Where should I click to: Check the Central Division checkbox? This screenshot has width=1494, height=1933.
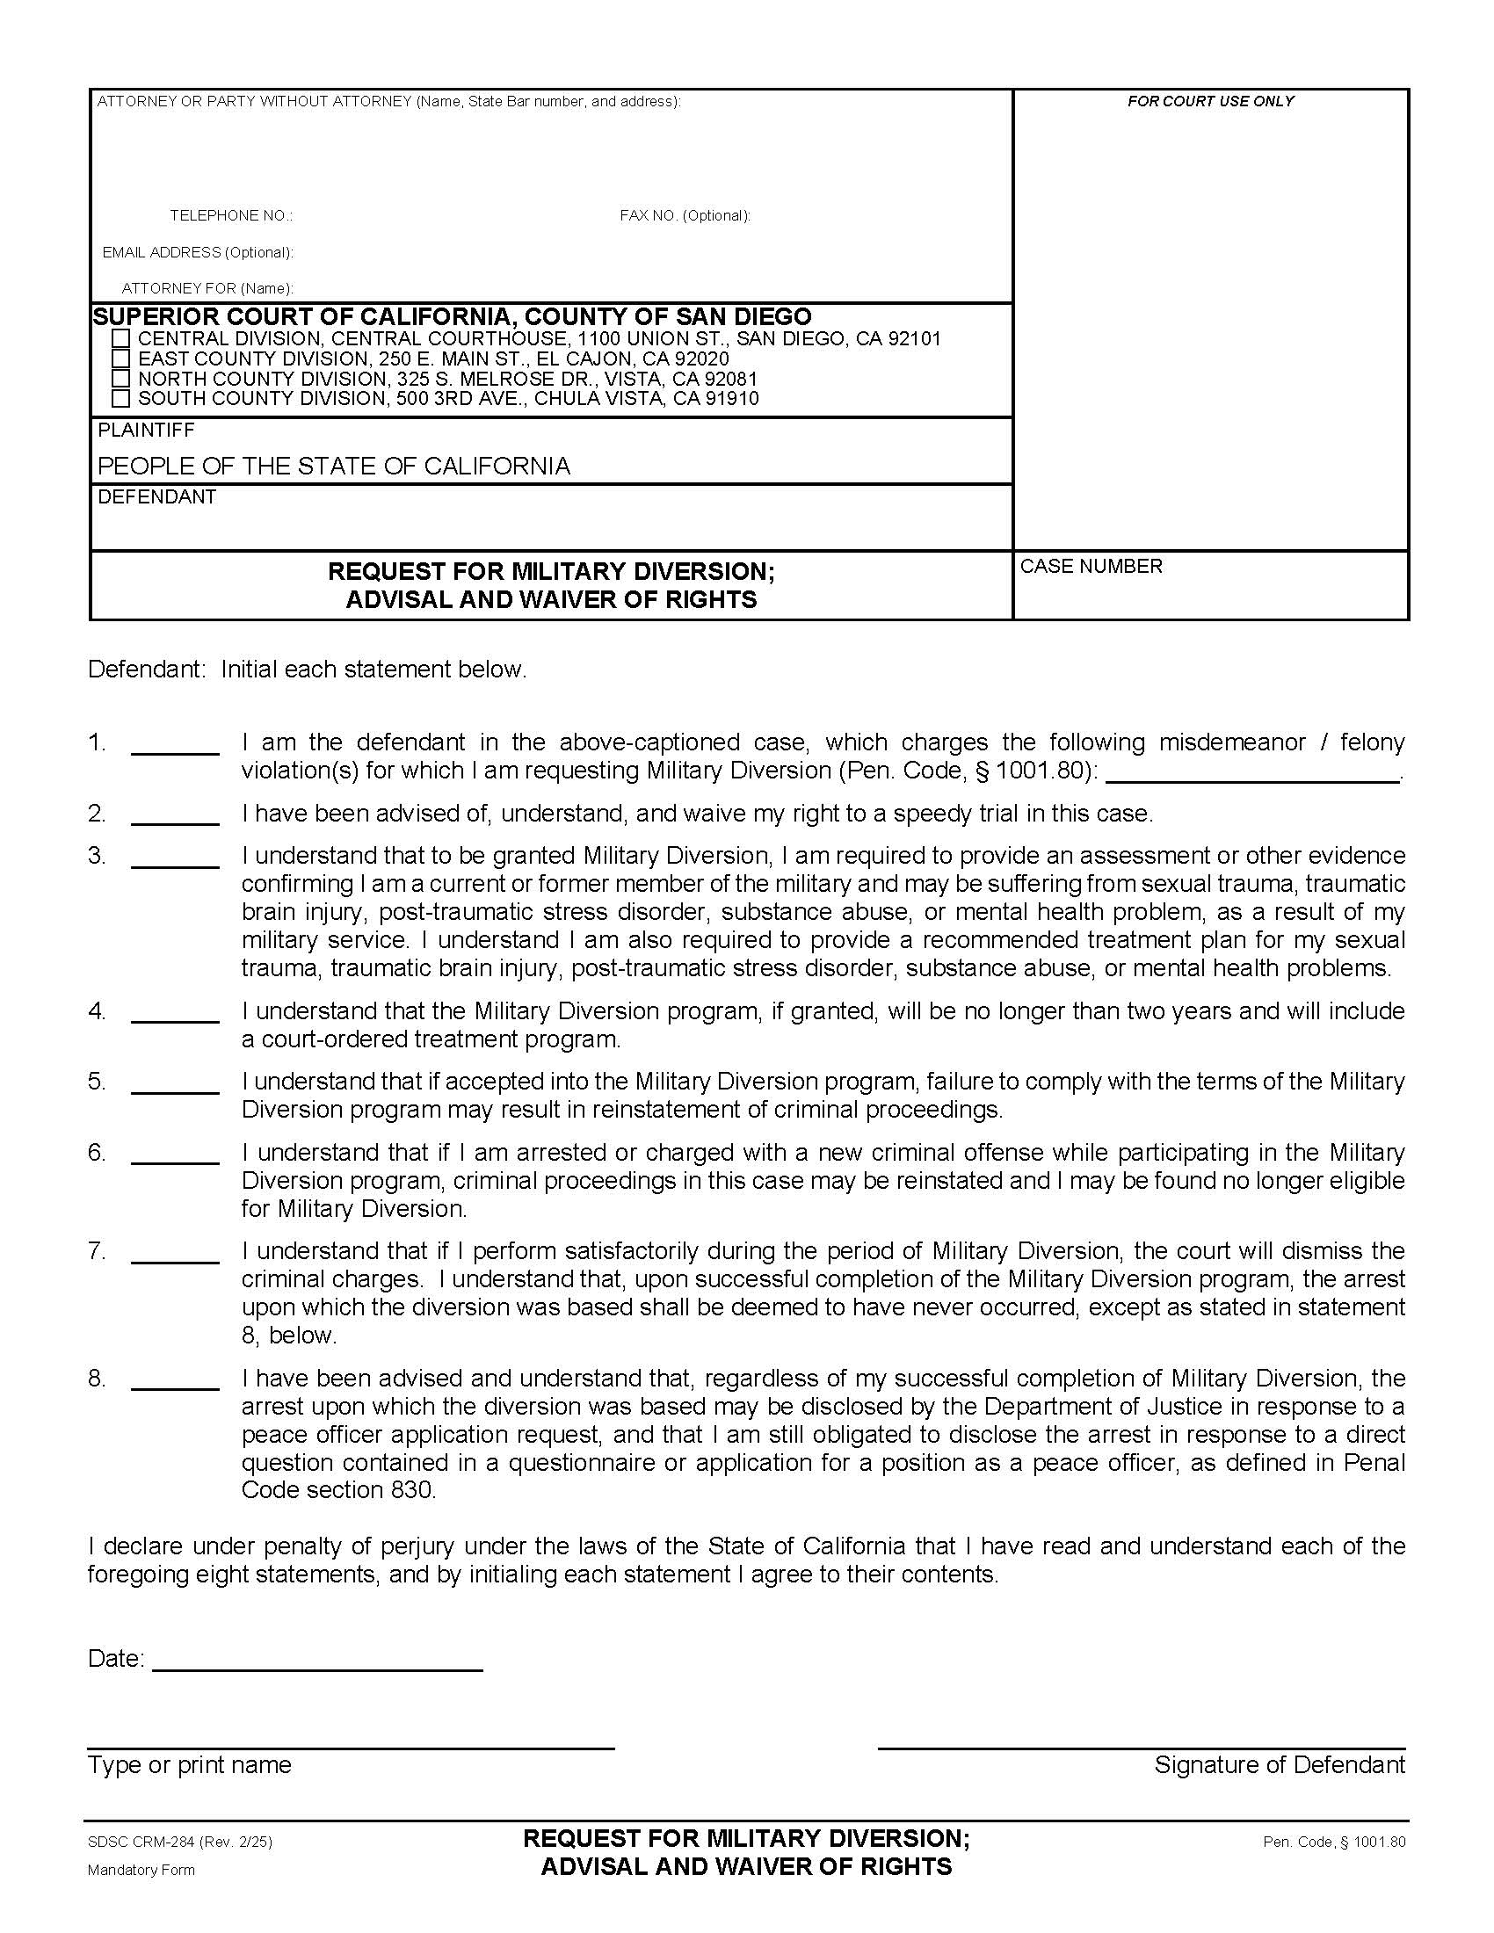click(x=121, y=339)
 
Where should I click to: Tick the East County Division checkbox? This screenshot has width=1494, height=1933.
click(x=121, y=359)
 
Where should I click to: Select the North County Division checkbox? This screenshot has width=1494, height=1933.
click(x=121, y=379)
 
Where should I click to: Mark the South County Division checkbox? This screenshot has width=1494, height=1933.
click(x=121, y=399)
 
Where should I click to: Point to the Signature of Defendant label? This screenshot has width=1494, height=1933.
click(x=1279, y=1765)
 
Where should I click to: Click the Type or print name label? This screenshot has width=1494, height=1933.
click(x=190, y=1765)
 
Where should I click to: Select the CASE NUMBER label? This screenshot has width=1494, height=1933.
click(x=1091, y=567)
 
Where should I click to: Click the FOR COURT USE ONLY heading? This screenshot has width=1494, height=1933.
click(x=1210, y=102)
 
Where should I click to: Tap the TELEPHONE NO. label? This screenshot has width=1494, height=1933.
click(x=231, y=216)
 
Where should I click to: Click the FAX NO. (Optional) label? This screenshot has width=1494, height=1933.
click(x=685, y=216)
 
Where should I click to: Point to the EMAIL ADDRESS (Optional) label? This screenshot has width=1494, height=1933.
click(x=198, y=253)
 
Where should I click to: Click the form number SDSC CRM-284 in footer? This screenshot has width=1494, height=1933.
click(x=141, y=1843)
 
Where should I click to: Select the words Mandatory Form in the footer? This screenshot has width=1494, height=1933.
click(x=141, y=1870)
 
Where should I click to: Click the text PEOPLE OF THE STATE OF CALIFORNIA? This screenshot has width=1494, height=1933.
click(x=334, y=467)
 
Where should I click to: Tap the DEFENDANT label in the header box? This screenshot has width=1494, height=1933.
click(x=156, y=497)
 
